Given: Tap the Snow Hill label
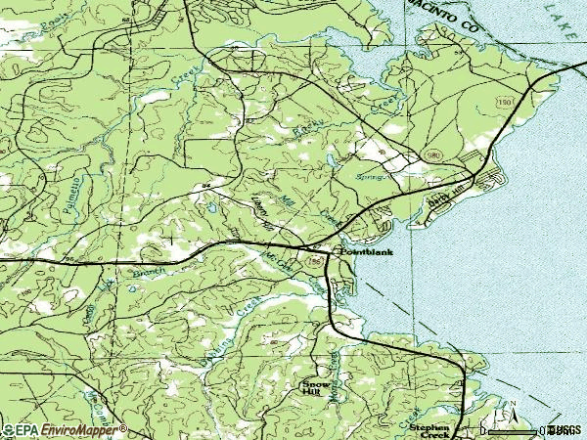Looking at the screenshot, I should [x=311, y=387].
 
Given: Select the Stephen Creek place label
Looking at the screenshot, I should [x=430, y=430].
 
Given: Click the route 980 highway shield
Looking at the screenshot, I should [x=432, y=154].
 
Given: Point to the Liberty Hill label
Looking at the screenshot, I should [x=258, y=206].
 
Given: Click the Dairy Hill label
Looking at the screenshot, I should [x=447, y=197].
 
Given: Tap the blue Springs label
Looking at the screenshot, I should [x=376, y=178].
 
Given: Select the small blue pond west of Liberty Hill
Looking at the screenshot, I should [x=207, y=207].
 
